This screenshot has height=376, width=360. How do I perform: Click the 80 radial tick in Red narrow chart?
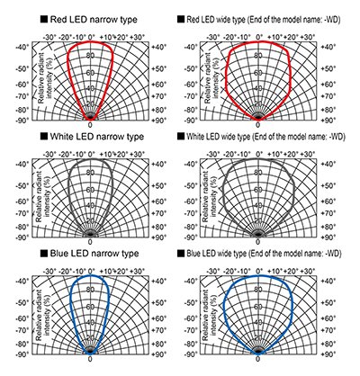click(x=89, y=56)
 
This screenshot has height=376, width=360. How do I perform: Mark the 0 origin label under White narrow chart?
click(x=90, y=243)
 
